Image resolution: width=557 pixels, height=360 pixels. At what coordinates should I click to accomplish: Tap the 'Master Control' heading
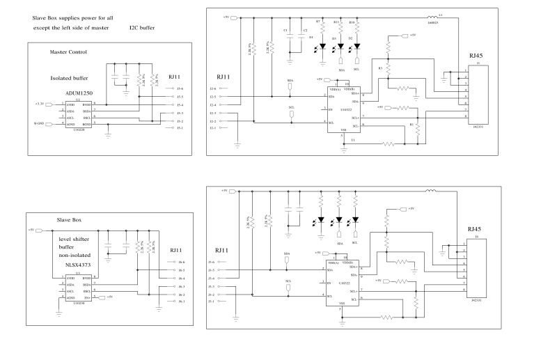click(68, 52)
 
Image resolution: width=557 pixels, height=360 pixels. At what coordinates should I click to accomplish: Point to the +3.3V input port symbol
click(40, 104)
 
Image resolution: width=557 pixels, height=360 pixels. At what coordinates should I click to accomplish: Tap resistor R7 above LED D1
click(322, 30)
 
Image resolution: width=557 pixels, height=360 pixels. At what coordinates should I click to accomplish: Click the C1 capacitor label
click(285, 31)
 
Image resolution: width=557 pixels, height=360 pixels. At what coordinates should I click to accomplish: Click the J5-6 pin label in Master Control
click(180, 89)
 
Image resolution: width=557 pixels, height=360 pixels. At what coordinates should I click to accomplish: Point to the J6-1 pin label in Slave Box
click(181, 302)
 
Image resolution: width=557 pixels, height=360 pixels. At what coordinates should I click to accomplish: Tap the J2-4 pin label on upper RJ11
click(213, 104)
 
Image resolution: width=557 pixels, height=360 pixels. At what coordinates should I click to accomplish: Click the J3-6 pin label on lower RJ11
click(212, 260)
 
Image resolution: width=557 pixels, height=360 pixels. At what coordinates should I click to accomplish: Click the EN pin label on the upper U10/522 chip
click(331, 110)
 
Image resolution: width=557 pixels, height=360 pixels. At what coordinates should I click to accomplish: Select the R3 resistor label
click(380, 68)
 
